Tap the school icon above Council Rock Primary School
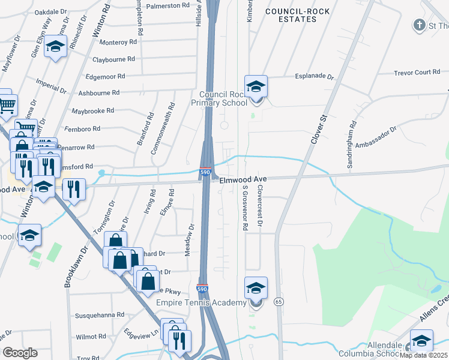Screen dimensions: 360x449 256,86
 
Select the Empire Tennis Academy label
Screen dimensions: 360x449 201,302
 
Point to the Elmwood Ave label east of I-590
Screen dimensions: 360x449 243,179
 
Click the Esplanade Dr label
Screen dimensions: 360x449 313,76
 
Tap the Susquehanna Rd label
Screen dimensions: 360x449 99,314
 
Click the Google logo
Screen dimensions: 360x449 20,352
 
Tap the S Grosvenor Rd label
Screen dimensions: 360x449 245,208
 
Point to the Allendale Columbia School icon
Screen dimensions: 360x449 422,341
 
